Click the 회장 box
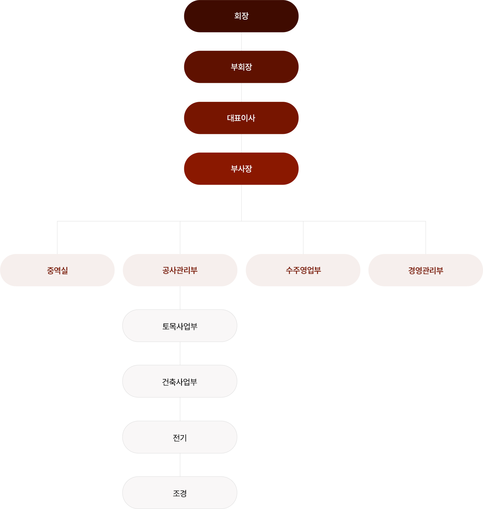click(241, 16)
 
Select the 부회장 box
click(241, 67)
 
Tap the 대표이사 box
click(241, 118)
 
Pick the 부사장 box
click(241, 169)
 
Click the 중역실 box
click(57, 270)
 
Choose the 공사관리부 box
click(180, 270)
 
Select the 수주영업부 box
click(303, 270)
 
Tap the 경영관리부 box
click(425, 270)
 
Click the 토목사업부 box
click(180, 326)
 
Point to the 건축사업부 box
click(180, 381)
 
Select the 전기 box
click(180, 437)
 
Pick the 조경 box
click(180, 493)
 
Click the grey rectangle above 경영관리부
click(390, 238)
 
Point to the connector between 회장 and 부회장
click(241, 41)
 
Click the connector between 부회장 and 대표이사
click(241, 92)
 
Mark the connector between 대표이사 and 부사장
click(241, 143)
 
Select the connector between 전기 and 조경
click(180, 465)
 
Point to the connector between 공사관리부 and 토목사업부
click(180, 298)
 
